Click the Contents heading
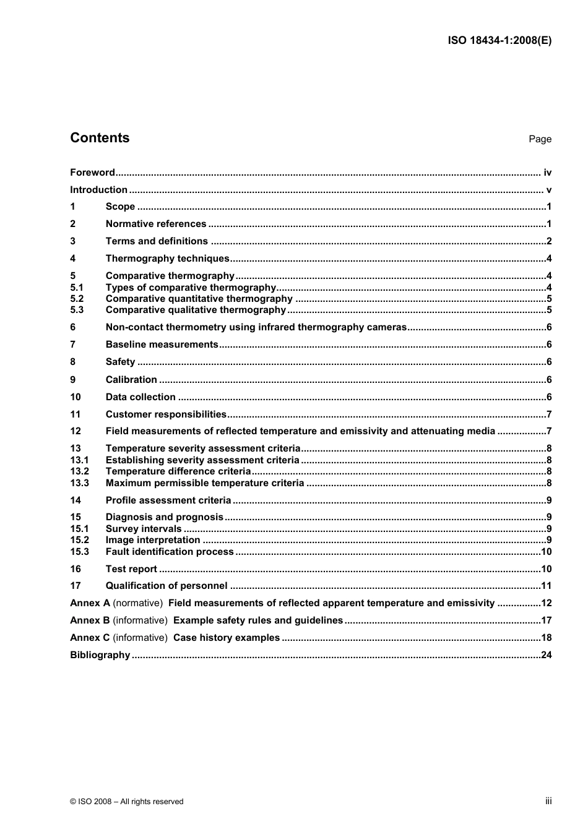(100, 138)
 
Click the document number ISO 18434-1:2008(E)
(499, 41)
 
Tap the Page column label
(540, 139)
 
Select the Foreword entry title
(92, 173)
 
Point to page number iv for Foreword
(547, 173)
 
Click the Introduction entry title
(98, 190)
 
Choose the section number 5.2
(77, 299)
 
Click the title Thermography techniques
(167, 259)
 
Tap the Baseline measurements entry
(162, 345)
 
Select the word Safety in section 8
(120, 362)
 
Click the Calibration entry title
(131, 380)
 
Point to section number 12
(76, 431)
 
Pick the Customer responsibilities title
(166, 414)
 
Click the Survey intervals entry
(144, 529)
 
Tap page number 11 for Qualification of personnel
(546, 586)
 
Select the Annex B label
(90, 620)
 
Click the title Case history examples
(227, 638)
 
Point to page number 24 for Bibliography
(546, 655)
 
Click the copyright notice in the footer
(127, 802)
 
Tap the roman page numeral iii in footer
(548, 801)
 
